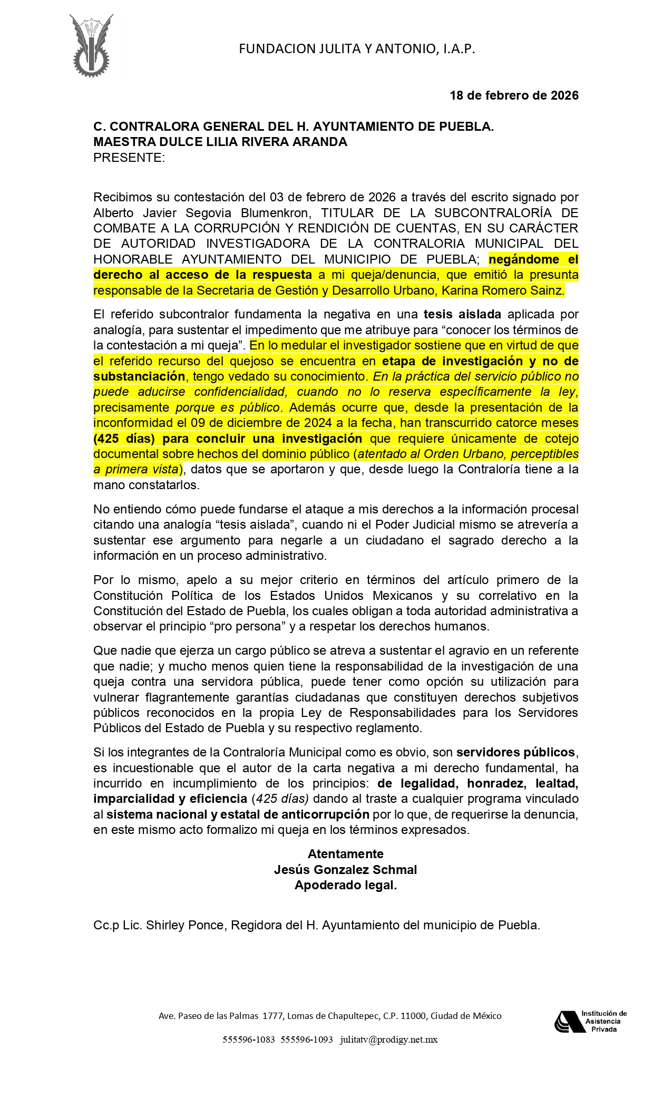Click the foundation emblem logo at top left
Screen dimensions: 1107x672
[91, 46]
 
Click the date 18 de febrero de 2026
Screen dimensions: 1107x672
[513, 95]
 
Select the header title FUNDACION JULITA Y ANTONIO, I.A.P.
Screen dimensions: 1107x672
[357, 49]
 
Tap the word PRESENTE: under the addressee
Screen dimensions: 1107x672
[129, 158]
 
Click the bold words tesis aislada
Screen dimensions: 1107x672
[462, 315]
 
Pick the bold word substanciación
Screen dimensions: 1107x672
[139, 376]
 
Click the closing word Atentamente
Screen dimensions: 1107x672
[345, 854]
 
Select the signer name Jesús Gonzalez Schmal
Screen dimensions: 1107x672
[345, 870]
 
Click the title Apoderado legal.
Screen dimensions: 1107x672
[345, 886]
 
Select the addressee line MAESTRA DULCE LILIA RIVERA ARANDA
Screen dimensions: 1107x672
[220, 142]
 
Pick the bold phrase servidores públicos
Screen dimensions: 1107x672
[515, 752]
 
